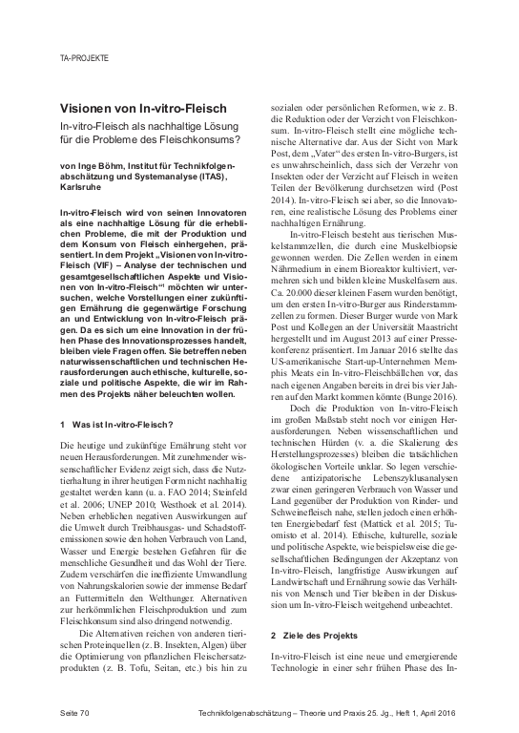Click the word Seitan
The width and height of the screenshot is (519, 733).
[x=181, y=665]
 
